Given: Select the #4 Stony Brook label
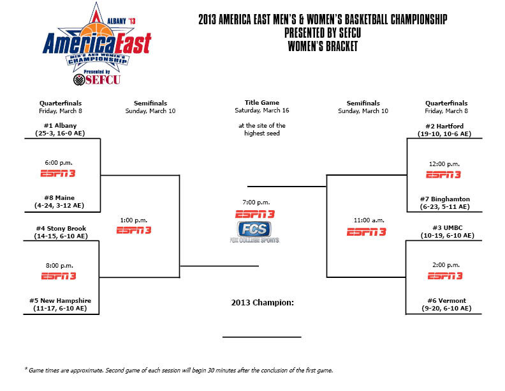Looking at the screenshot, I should (61, 229).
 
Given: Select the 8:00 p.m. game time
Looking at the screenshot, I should (61, 264).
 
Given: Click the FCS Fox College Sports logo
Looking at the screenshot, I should (254, 231).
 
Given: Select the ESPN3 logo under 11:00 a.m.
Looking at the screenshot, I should (366, 232).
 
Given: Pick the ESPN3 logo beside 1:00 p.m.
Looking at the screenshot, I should (134, 230).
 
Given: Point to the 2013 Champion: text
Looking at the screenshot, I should (262, 302).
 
